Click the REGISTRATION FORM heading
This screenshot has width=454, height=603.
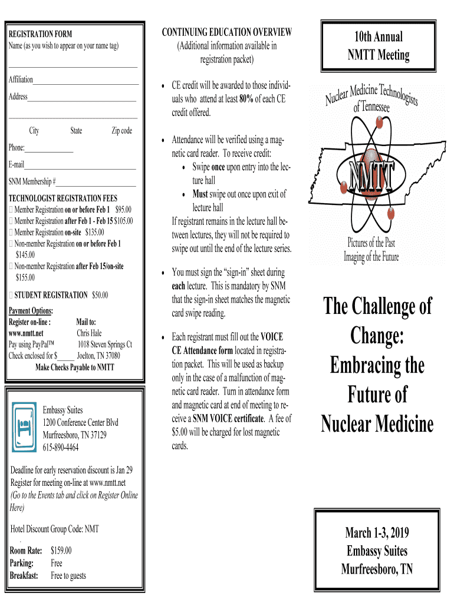point(40,34)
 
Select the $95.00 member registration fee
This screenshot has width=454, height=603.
point(124,210)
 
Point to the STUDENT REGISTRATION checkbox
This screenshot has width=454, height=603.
point(11,294)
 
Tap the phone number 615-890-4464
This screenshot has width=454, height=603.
point(61,448)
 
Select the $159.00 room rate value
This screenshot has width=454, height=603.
point(61,551)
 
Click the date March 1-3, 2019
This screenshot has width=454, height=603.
point(377,534)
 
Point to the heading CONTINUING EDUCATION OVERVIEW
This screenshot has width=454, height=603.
point(226,32)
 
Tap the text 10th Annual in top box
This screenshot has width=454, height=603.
point(377,37)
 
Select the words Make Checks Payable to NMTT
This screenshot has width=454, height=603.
point(75,367)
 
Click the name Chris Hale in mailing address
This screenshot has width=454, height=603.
point(89,333)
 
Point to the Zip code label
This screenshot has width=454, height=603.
point(121,131)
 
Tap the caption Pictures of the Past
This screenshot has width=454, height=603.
point(371,243)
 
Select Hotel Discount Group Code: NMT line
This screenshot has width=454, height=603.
point(55,528)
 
